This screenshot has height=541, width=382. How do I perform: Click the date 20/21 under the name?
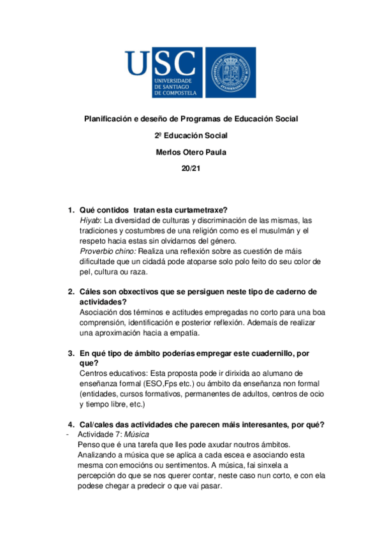[x=191, y=168]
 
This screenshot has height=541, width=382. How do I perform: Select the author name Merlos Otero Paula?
[x=191, y=152]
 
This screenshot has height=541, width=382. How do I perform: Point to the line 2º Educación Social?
[x=191, y=135]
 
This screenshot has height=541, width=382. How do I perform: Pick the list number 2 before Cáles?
[x=71, y=292]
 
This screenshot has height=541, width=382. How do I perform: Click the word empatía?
[x=182, y=332]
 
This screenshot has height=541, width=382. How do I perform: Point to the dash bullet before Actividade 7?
[x=68, y=434]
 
